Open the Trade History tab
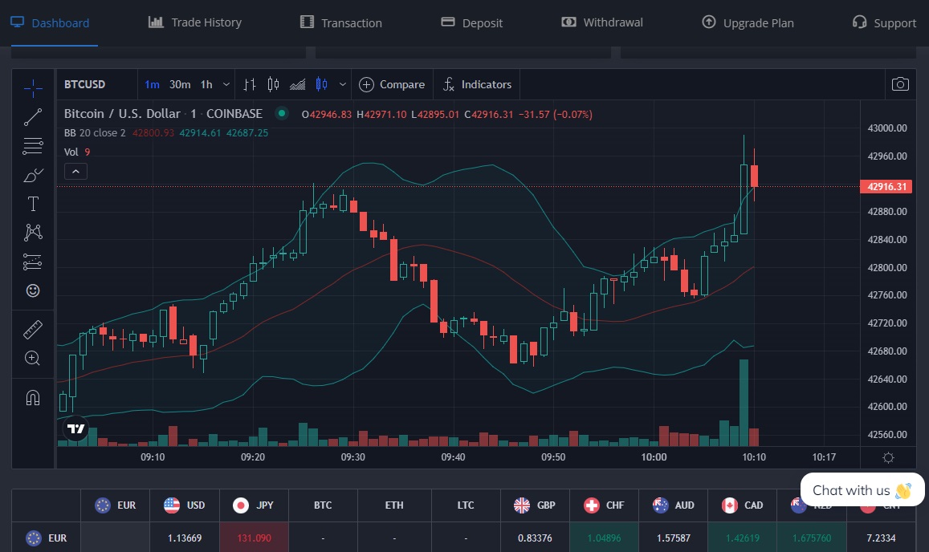click(195, 22)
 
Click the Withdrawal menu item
click(602, 22)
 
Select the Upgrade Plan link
click(748, 22)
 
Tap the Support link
click(884, 22)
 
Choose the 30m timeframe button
click(180, 84)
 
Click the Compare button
click(392, 84)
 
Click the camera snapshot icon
click(900, 84)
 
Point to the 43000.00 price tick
click(887, 128)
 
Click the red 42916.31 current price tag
click(887, 187)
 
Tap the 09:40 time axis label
click(453, 457)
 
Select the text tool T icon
click(33, 204)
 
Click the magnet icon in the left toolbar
click(33, 397)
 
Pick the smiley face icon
click(33, 290)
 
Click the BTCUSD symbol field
click(85, 84)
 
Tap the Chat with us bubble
click(862, 490)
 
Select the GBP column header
click(536, 505)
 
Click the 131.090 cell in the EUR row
click(254, 538)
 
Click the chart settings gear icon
click(888, 457)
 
